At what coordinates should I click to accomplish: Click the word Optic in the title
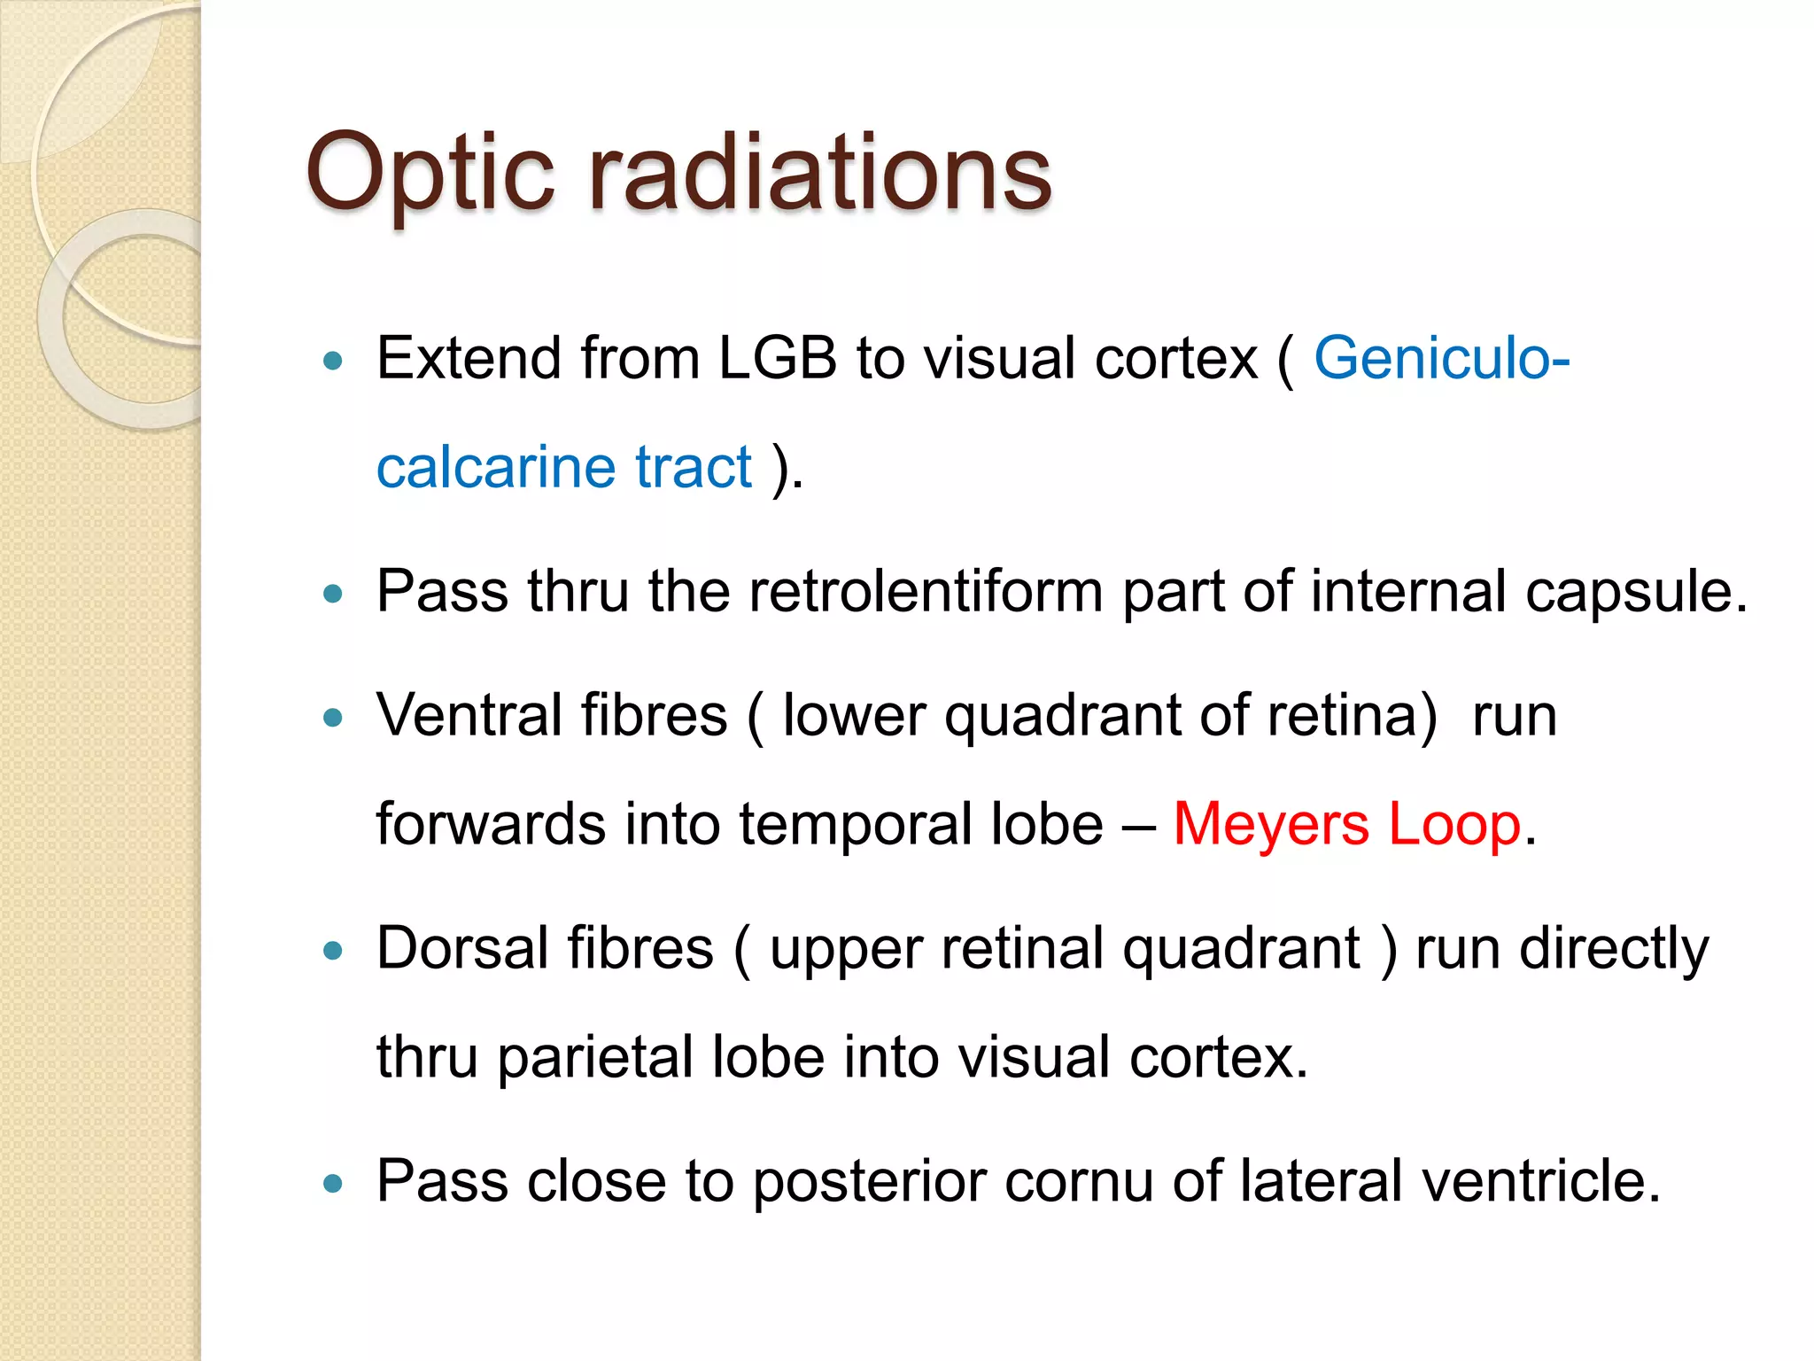[430, 173]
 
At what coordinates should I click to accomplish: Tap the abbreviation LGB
[777, 359]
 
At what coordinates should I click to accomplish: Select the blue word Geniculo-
[1441, 359]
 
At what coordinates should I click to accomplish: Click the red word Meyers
[1271, 824]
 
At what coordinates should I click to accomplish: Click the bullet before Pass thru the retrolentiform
[333, 594]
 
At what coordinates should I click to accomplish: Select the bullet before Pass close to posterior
[333, 1183]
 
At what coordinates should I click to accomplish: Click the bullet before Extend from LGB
[333, 361]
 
